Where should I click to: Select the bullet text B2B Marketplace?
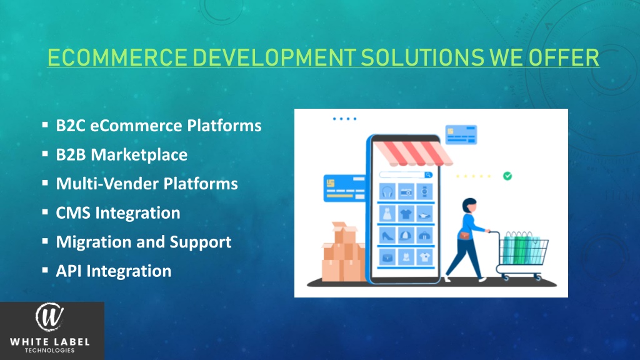coord(121,154)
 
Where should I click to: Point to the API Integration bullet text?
coord(113,271)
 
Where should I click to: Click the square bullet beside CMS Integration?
coord(46,212)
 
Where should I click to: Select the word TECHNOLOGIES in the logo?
coord(49,351)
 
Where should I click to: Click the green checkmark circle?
coord(508,176)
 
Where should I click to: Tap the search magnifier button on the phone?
coord(428,176)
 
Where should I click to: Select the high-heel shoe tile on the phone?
coord(387,235)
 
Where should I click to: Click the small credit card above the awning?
coord(457,133)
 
